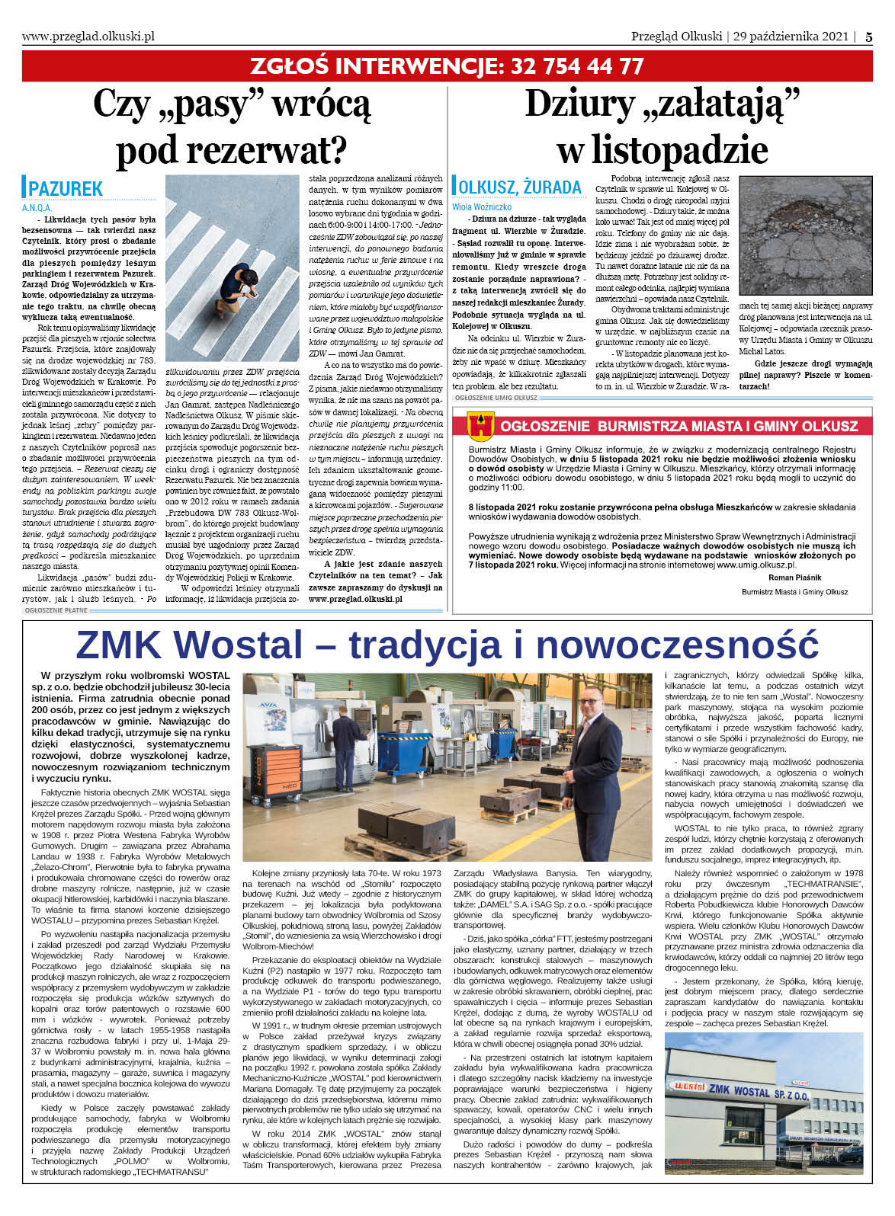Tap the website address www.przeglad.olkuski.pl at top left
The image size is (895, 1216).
pos(88,36)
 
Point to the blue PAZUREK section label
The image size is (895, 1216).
pos(66,189)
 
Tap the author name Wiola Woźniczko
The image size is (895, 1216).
pos(482,206)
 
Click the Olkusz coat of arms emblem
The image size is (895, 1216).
pos(483,426)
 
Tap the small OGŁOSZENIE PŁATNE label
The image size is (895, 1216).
pos(56,610)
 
